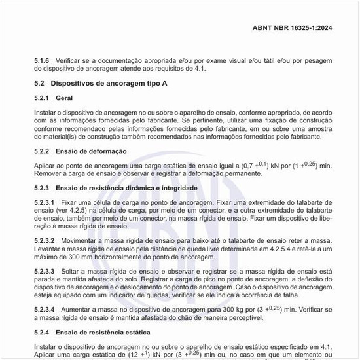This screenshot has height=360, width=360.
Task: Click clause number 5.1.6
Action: (43, 60)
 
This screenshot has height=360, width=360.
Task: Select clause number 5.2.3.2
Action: (46, 241)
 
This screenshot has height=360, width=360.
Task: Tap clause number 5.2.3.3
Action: (46, 270)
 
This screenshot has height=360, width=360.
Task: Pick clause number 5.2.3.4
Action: (46, 308)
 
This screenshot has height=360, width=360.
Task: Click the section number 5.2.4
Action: (43, 333)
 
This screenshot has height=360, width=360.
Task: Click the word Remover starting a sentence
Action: (48, 173)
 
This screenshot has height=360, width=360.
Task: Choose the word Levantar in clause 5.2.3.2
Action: (48, 249)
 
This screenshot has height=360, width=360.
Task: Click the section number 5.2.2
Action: (43, 151)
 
